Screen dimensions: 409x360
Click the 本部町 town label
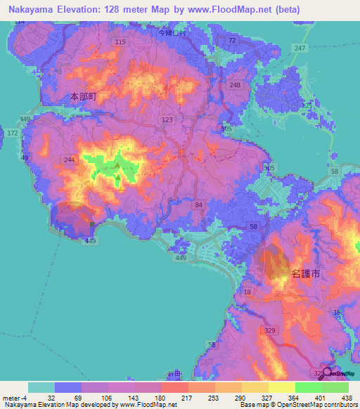coord(83,96)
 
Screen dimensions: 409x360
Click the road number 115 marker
coord(120,43)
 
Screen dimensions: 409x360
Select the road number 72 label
coord(232,41)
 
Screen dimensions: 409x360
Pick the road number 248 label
coord(235,85)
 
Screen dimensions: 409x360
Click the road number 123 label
coord(167,120)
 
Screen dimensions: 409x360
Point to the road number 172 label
coord(12,132)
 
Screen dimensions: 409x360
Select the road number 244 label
coord(69,160)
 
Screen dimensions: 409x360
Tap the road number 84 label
coord(199,204)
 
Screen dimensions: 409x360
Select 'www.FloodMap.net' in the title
coord(226,9)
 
